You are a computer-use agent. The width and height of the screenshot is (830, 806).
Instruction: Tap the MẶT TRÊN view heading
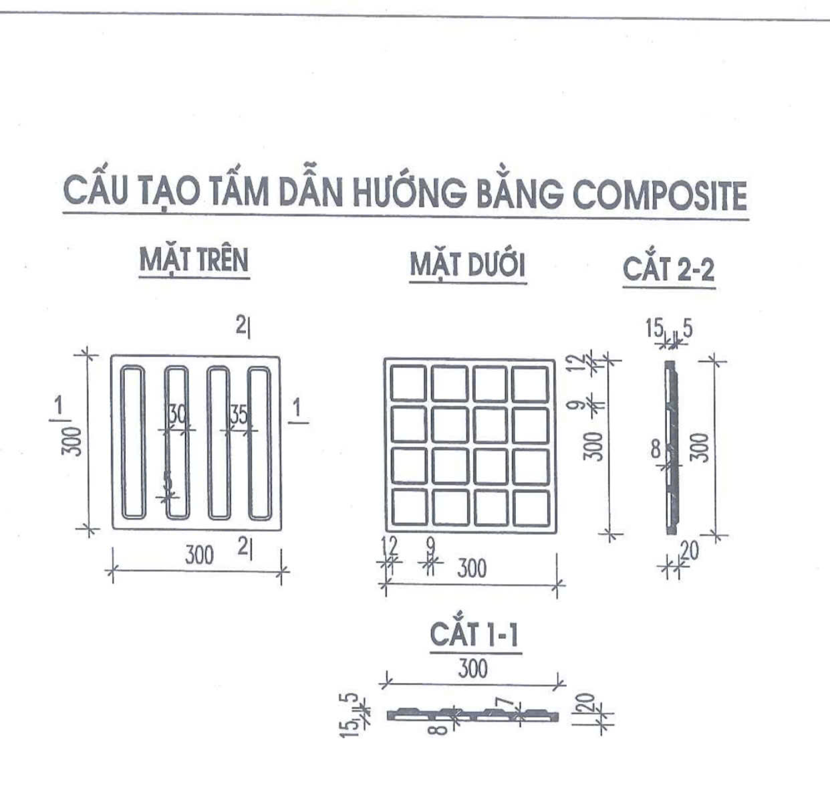click(194, 260)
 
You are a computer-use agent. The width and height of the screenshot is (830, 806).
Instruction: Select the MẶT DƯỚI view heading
click(467, 266)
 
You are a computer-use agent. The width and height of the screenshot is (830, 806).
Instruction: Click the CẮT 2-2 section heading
click(668, 270)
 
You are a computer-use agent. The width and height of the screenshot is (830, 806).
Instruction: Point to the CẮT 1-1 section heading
click(474, 634)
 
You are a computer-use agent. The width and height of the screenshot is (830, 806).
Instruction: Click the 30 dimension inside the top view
click(176, 415)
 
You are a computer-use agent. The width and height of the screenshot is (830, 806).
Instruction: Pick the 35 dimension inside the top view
click(239, 415)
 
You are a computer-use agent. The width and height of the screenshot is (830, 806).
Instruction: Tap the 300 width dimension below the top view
click(199, 555)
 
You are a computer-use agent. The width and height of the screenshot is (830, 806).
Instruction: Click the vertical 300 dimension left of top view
click(72, 441)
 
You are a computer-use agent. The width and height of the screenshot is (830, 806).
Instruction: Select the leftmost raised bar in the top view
click(133, 443)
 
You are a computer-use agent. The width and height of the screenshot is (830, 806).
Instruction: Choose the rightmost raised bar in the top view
click(259, 443)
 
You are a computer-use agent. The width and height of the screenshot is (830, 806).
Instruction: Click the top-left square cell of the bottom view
click(408, 383)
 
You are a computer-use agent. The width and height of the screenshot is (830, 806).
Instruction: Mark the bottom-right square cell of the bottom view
click(531, 508)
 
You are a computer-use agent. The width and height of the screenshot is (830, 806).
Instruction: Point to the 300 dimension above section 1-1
click(472, 668)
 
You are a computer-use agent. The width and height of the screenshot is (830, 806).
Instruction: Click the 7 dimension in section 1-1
click(506, 703)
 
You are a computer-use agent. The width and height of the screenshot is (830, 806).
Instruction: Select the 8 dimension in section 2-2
click(656, 449)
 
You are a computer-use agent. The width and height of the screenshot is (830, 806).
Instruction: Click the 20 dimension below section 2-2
click(689, 551)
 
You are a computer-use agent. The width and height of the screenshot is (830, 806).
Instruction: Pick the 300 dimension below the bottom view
click(472, 569)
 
